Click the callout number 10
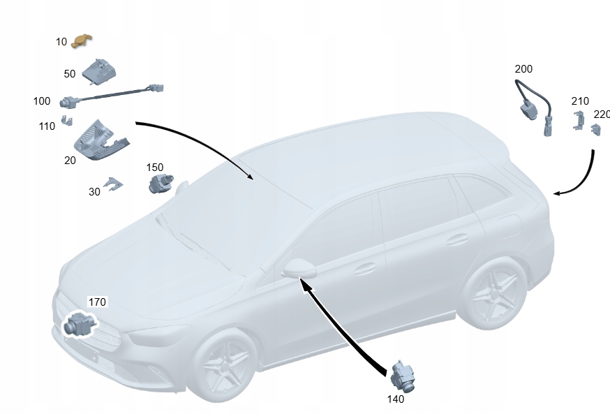[61, 42]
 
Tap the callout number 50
[70, 74]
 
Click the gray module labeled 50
[99, 72]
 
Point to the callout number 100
[42, 101]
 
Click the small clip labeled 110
[67, 120]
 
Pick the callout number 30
[94, 192]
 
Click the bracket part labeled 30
[113, 184]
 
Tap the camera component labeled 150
[161, 184]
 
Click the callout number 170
[97, 302]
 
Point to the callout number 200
[523, 69]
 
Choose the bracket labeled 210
[579, 120]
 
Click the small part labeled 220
[596, 130]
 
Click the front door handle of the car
[364, 269]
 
